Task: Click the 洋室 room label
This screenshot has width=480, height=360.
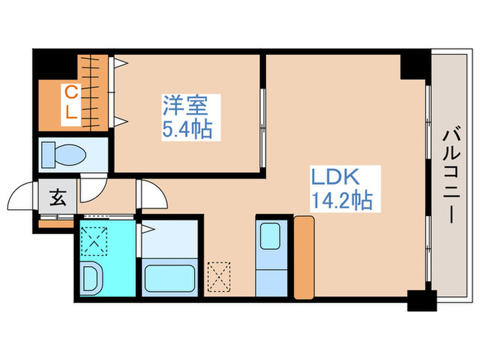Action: pos(186,106)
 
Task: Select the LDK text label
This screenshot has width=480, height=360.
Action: pos(336,177)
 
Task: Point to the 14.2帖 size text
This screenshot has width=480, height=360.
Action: pos(341,200)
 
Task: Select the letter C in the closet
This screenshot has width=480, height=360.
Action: pos(70,91)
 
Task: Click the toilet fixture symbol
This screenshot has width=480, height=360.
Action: pos(62,155)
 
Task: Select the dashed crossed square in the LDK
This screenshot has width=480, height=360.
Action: pos(220,276)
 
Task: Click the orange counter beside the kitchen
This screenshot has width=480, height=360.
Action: pos(303,257)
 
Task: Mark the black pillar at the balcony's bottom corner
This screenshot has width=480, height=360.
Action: pos(421,300)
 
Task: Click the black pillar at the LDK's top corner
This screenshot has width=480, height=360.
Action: pos(414,64)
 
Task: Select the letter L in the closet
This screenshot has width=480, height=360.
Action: pos(71,113)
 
